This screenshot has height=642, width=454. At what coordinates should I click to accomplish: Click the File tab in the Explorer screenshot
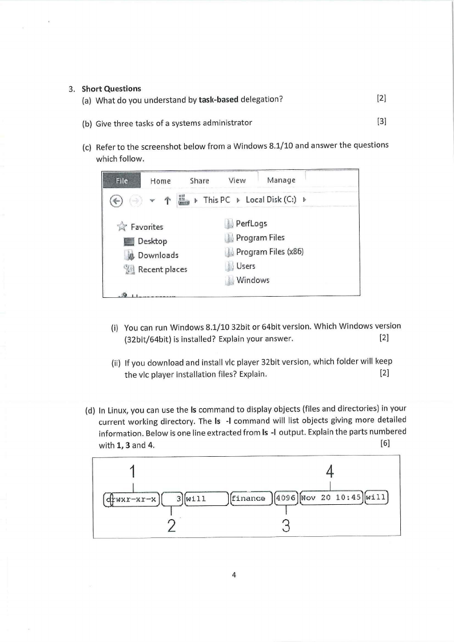(x=121, y=181)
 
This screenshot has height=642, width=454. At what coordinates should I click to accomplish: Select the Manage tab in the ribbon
(x=281, y=180)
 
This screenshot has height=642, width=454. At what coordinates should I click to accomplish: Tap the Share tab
(x=200, y=181)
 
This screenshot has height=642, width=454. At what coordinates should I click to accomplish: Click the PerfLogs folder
(x=251, y=224)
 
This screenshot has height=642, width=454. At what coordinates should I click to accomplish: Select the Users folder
(x=245, y=266)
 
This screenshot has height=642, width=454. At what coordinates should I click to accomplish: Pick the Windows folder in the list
(x=252, y=280)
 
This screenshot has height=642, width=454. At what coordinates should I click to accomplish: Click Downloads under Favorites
(x=158, y=256)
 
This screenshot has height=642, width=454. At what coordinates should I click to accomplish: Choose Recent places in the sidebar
(x=162, y=269)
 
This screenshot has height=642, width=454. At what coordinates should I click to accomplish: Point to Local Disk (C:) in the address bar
(x=272, y=200)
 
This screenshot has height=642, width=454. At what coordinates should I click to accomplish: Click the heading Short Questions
(x=111, y=89)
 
